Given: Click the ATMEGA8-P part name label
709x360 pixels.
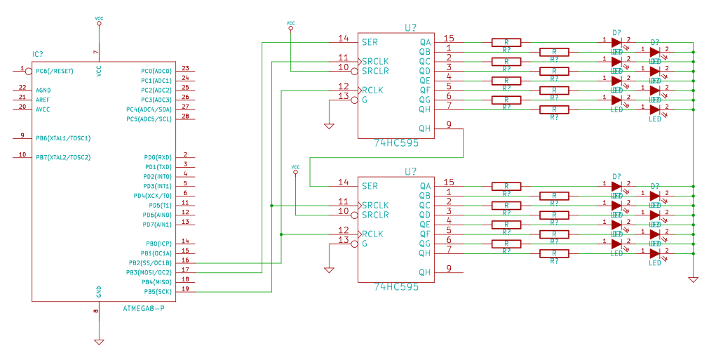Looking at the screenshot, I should point(144,308).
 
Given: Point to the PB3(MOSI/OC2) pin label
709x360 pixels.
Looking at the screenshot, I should point(149,272).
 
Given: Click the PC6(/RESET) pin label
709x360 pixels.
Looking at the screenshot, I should point(55,71).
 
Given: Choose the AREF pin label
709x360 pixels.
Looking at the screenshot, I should point(43,100).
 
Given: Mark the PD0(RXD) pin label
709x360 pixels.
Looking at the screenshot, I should point(158,157).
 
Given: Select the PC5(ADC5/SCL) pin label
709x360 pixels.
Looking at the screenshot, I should point(149,119).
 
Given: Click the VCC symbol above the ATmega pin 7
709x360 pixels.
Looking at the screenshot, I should point(98,20).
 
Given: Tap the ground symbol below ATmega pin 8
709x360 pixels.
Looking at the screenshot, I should point(99,341).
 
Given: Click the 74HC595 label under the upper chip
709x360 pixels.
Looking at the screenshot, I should point(396,143).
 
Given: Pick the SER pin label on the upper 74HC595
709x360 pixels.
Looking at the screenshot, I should point(370,42).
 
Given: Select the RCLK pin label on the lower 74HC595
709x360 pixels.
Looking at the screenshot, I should point(372,234).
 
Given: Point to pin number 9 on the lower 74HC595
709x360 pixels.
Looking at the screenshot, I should point(449,268).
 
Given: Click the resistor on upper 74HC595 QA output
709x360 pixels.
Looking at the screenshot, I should point(506,42).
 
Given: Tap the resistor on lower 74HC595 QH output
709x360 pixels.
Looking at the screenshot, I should point(554,253).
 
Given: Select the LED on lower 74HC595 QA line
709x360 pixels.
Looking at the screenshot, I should point(616,186).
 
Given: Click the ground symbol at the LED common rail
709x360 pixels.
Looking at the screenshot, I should point(693,279).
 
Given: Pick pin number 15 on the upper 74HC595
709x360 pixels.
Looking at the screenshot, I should point(449,39).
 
